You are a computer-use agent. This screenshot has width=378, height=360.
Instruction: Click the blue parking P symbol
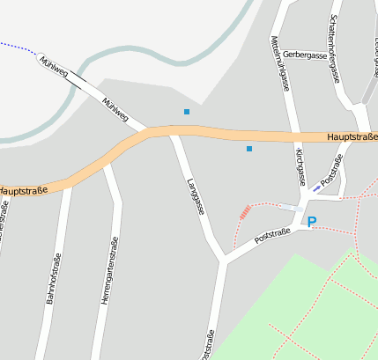[312, 223]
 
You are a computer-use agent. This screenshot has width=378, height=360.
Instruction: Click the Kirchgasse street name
[300, 166]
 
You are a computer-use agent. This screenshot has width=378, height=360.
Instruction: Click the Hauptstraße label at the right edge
[352, 137]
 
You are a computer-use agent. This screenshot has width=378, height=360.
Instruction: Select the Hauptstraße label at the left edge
[22, 190]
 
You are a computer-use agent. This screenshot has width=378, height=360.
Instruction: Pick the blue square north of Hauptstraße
[187, 112]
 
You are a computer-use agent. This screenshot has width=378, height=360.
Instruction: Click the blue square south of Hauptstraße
[249, 149]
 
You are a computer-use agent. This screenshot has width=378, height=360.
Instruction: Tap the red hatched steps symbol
[245, 211]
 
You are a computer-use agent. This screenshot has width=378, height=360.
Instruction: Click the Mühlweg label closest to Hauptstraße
[115, 110]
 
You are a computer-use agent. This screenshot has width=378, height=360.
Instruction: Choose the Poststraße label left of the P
[271, 236]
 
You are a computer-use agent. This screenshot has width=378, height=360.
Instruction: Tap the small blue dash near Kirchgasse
[316, 188]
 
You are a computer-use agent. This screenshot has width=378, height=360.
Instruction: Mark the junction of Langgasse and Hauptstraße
[174, 133]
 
